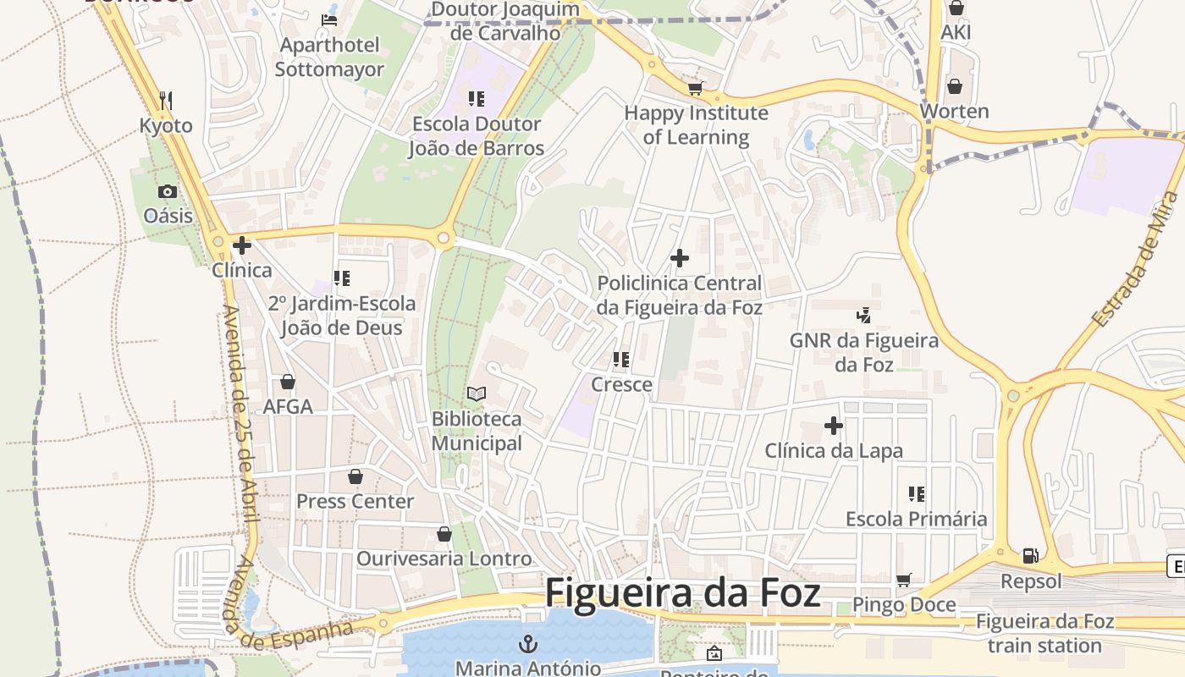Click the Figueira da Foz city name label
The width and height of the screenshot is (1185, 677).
point(682,592)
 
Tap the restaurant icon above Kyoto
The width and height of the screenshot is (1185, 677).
point(166,101)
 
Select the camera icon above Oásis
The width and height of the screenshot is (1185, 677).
point(168,191)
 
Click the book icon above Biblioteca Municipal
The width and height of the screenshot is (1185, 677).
point(477,394)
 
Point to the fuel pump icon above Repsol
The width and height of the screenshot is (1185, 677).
point(1030,556)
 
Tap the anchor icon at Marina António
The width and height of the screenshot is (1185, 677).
point(528,644)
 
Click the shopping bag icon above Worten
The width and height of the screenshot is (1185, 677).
point(954,86)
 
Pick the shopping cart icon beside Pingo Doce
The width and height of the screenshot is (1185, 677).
point(903,581)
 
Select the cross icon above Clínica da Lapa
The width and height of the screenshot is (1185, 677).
point(834,426)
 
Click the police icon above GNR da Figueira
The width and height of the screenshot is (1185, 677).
point(863,316)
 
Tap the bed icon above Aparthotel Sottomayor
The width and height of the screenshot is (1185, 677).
point(329,19)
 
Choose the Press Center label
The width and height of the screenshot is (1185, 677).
point(355,501)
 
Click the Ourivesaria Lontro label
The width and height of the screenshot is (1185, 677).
point(444,559)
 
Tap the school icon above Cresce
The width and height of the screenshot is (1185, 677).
point(621,360)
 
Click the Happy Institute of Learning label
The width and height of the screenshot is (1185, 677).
point(696,124)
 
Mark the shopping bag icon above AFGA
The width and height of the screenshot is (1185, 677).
point(288,382)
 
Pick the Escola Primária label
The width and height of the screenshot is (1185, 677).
point(916,519)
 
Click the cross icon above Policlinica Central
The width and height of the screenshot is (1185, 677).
point(679,258)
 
